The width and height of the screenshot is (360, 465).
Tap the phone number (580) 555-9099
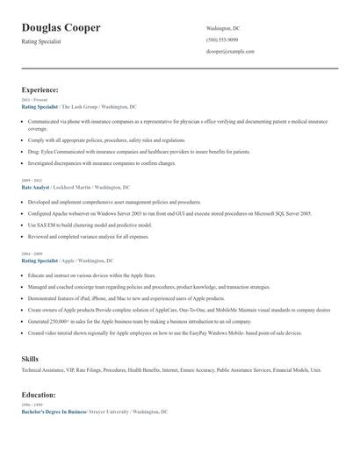click(x=222, y=39)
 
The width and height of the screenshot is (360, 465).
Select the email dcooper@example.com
click(x=230, y=52)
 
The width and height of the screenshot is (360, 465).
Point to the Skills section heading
click(x=30, y=359)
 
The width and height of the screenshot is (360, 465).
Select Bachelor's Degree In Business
click(x=54, y=411)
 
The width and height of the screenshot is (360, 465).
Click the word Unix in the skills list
click(x=316, y=371)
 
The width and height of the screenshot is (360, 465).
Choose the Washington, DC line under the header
click(x=223, y=28)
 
